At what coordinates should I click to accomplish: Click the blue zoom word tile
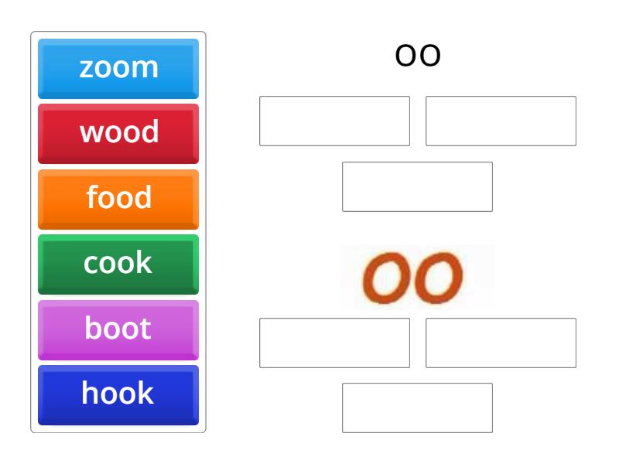pos(118,68)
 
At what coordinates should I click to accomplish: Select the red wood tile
pos(118,133)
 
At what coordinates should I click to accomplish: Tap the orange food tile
pos(118,198)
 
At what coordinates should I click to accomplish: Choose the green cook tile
pos(118,264)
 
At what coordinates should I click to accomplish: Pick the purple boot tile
pos(118,329)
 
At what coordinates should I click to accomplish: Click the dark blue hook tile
pos(118,394)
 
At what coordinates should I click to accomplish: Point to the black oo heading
pos(418,56)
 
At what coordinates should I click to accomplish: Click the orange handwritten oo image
pos(418,277)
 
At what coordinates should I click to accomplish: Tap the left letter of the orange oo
pos(388,278)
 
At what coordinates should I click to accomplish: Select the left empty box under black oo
pos(334,121)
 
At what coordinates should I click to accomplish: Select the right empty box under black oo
pos(501,121)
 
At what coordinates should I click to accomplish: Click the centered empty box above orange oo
pos(417,186)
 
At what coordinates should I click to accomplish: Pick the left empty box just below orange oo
pos(334,343)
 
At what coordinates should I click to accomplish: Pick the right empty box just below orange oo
pos(501,343)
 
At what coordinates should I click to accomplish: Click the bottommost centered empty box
pos(417,408)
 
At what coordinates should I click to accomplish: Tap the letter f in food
pos(91,197)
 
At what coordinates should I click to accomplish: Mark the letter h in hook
pos(89,394)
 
